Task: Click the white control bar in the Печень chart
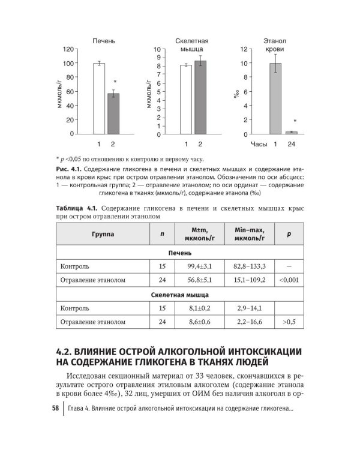tap(99, 98)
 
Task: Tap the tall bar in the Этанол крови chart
tap(275, 98)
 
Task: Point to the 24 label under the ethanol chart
tap(291, 145)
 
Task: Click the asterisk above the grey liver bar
tap(115, 82)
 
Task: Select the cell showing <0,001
tap(289, 279)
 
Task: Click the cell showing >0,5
tap(289, 322)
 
